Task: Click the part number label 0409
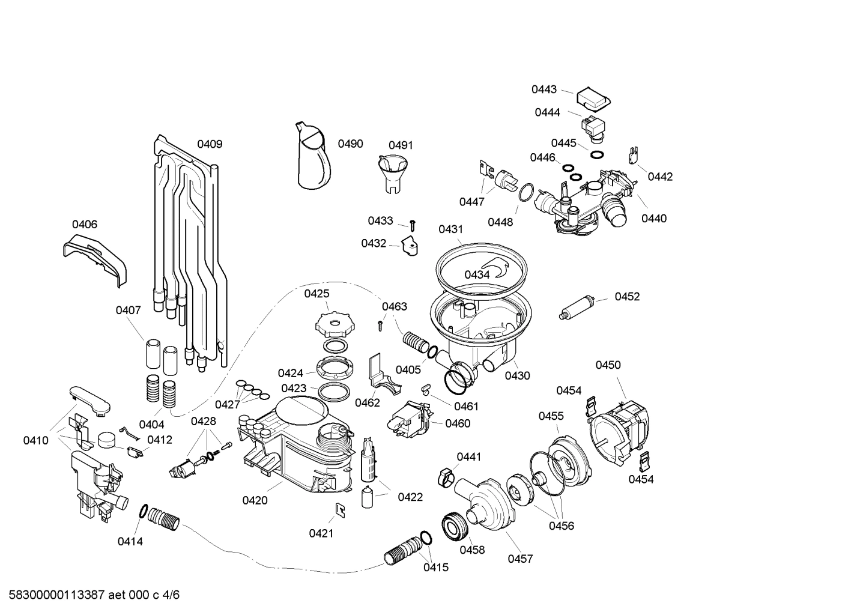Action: click(210, 144)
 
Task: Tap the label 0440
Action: click(654, 219)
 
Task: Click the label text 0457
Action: click(520, 559)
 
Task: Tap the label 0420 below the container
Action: click(255, 500)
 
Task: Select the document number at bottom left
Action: click(90, 595)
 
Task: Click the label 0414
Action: click(130, 541)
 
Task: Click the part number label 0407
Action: click(129, 311)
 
